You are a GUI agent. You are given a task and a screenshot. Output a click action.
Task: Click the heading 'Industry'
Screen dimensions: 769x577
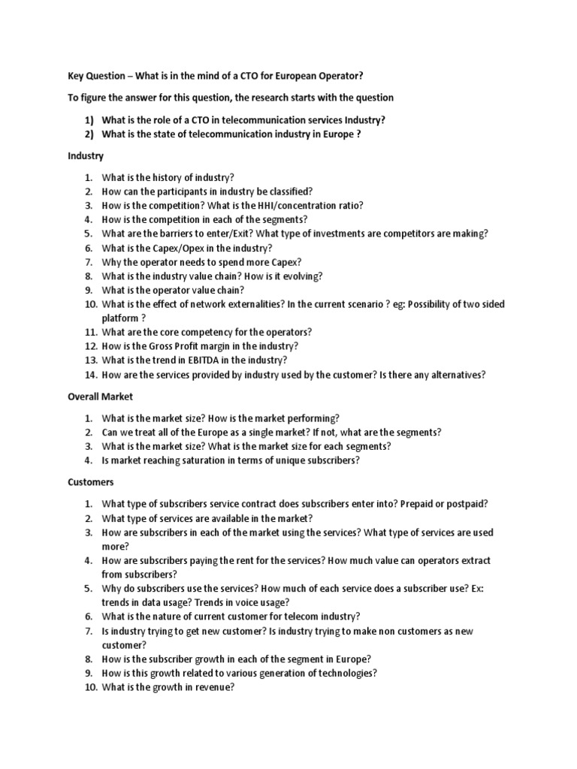(x=86, y=156)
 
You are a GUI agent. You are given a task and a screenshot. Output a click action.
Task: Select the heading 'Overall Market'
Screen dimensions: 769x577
(x=101, y=397)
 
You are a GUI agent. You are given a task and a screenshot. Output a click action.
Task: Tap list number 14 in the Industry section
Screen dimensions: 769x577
(x=89, y=375)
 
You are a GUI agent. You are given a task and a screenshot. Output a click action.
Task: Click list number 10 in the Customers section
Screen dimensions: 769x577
(x=89, y=687)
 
